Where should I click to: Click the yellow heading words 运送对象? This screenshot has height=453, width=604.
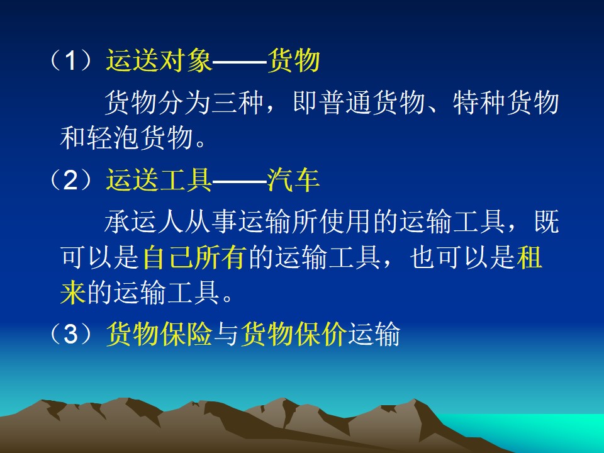(159, 60)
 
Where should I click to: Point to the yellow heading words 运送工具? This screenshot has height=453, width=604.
(159, 180)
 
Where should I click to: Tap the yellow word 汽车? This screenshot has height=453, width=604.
(294, 180)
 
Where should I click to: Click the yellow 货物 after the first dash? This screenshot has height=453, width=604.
(294, 60)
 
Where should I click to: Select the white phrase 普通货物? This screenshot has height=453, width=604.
(372, 103)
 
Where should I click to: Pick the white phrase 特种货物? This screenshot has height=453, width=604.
(506, 103)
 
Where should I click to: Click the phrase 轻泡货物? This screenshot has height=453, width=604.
(140, 138)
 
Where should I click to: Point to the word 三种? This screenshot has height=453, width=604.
(238, 103)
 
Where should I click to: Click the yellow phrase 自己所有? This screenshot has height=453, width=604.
(194, 257)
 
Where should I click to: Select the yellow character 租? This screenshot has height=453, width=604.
(530, 257)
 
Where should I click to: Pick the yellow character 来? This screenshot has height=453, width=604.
(73, 292)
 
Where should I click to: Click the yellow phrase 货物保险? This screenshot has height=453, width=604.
(159, 333)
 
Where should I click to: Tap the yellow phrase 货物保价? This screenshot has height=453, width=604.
(294, 333)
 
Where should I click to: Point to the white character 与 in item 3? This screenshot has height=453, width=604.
(227, 333)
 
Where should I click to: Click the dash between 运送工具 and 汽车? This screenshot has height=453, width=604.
(240, 180)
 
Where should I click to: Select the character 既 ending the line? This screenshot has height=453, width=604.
(547, 221)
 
